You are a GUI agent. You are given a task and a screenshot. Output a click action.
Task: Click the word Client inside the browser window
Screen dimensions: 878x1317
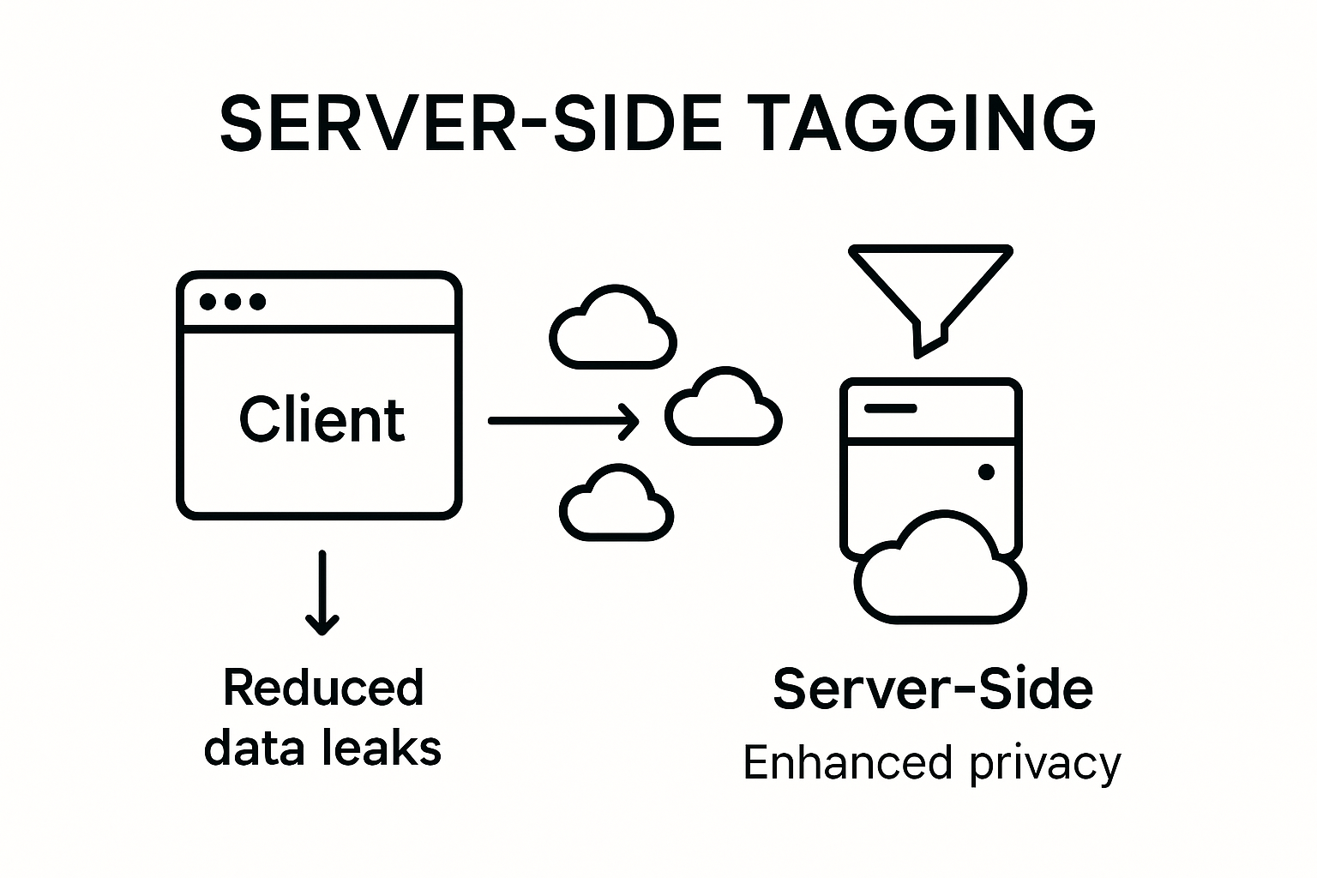(322, 420)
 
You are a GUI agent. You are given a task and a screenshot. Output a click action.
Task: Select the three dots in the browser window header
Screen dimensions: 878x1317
(232, 302)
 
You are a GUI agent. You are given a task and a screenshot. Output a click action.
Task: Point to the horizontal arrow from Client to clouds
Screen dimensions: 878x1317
(562, 421)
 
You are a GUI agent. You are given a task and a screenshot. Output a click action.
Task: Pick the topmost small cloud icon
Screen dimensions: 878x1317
(612, 328)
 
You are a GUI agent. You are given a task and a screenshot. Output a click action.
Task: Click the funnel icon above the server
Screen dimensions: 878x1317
(930, 287)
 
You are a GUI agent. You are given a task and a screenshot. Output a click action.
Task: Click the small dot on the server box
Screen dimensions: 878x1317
(986, 472)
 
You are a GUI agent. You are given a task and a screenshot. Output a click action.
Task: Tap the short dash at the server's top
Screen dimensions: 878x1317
(890, 408)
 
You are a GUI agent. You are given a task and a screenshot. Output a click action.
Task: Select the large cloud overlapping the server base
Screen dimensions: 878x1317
(940, 570)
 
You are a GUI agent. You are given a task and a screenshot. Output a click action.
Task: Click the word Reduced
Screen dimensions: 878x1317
(323, 688)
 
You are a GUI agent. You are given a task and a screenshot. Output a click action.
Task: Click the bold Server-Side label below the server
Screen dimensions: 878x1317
(933, 689)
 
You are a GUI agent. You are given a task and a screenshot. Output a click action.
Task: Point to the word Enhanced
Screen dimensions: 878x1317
(847, 763)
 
